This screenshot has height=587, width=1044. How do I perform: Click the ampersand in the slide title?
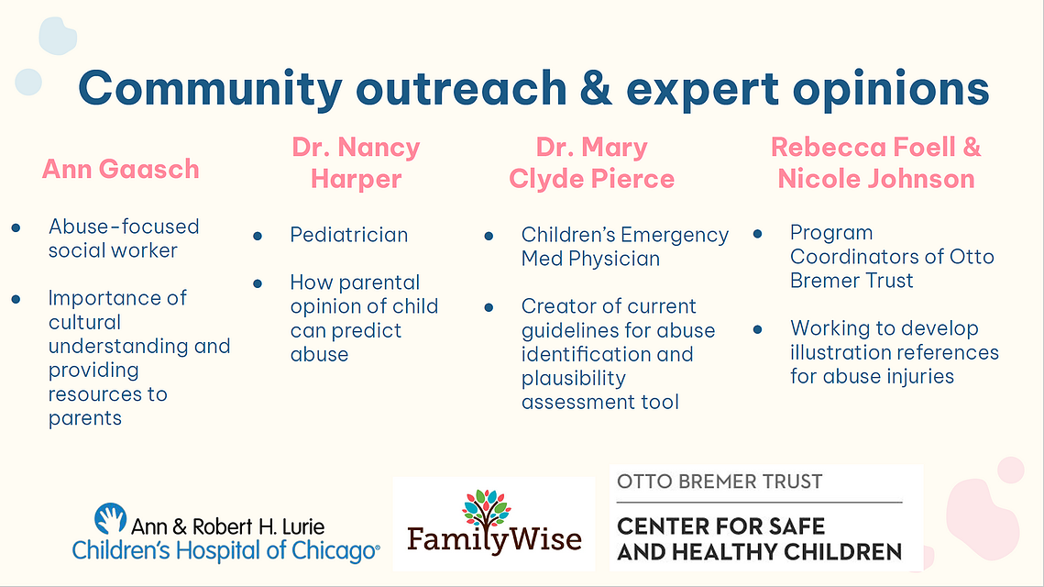595,89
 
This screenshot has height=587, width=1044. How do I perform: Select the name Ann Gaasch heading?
120,170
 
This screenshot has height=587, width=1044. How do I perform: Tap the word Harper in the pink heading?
356,179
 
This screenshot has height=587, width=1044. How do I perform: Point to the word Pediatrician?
349,235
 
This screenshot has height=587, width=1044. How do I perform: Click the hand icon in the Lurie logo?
110,518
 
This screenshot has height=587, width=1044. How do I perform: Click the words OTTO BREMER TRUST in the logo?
720,482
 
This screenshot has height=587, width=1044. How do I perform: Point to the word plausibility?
573,379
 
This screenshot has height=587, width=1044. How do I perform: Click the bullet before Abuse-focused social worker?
16,227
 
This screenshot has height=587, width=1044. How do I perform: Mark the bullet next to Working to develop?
757,329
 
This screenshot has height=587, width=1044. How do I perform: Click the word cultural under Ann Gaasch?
84,322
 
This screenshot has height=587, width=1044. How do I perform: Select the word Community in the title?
211,89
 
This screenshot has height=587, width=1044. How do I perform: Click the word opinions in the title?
890,90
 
